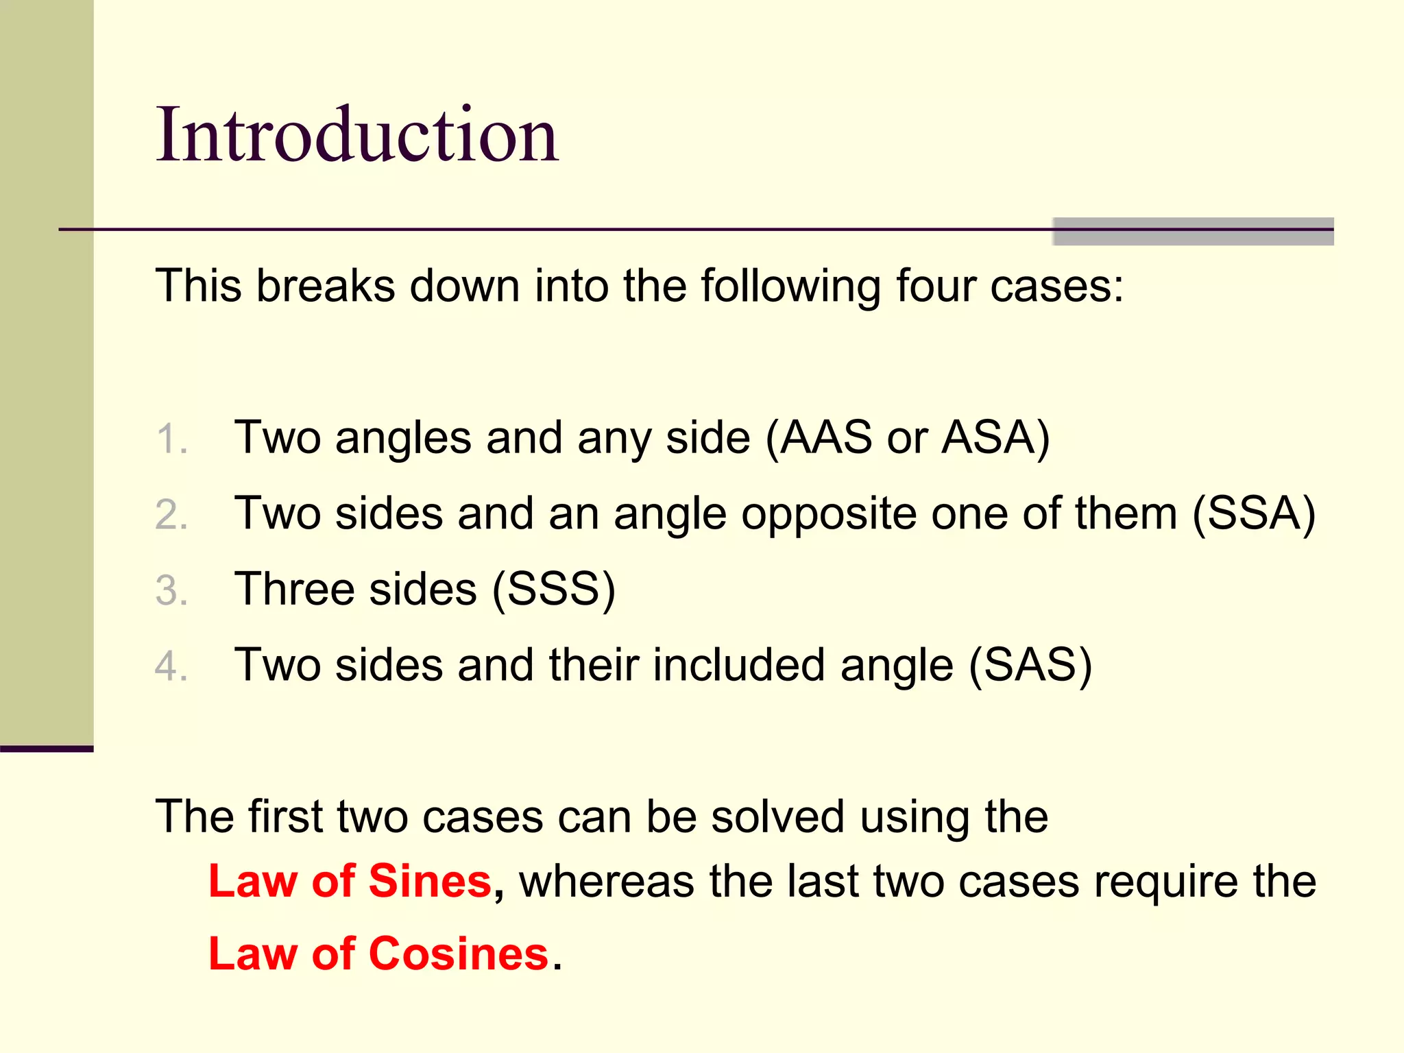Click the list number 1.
pyautogui.click(x=171, y=439)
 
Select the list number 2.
pyautogui.click(x=171, y=514)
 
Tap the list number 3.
pyautogui.click(x=171, y=590)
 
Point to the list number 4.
pyautogui.click(x=171, y=666)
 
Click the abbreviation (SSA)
pyautogui.click(x=1254, y=513)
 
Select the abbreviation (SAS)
pyautogui.click(x=1030, y=665)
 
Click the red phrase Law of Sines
pyautogui.click(x=350, y=881)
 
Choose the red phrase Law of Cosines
pyautogui.click(x=378, y=954)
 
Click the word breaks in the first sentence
pyautogui.click(x=326, y=285)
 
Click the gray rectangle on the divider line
pyautogui.click(x=1193, y=231)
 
